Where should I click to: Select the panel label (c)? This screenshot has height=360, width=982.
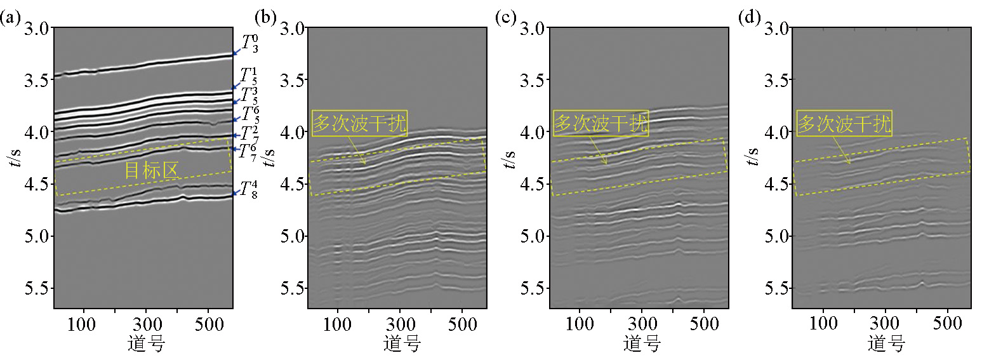pyautogui.click(x=506, y=18)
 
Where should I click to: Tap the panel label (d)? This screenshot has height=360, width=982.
pyautogui.click(x=750, y=18)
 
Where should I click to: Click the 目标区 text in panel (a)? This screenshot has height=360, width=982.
pyautogui.click(x=151, y=170)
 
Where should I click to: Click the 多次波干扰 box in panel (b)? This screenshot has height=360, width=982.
pyautogui.click(x=359, y=123)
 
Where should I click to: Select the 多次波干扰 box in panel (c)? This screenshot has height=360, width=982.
pyautogui.click(x=600, y=123)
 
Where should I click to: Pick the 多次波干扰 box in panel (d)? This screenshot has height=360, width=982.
pyautogui.click(x=844, y=123)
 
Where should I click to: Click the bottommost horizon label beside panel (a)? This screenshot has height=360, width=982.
pyautogui.click(x=249, y=190)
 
